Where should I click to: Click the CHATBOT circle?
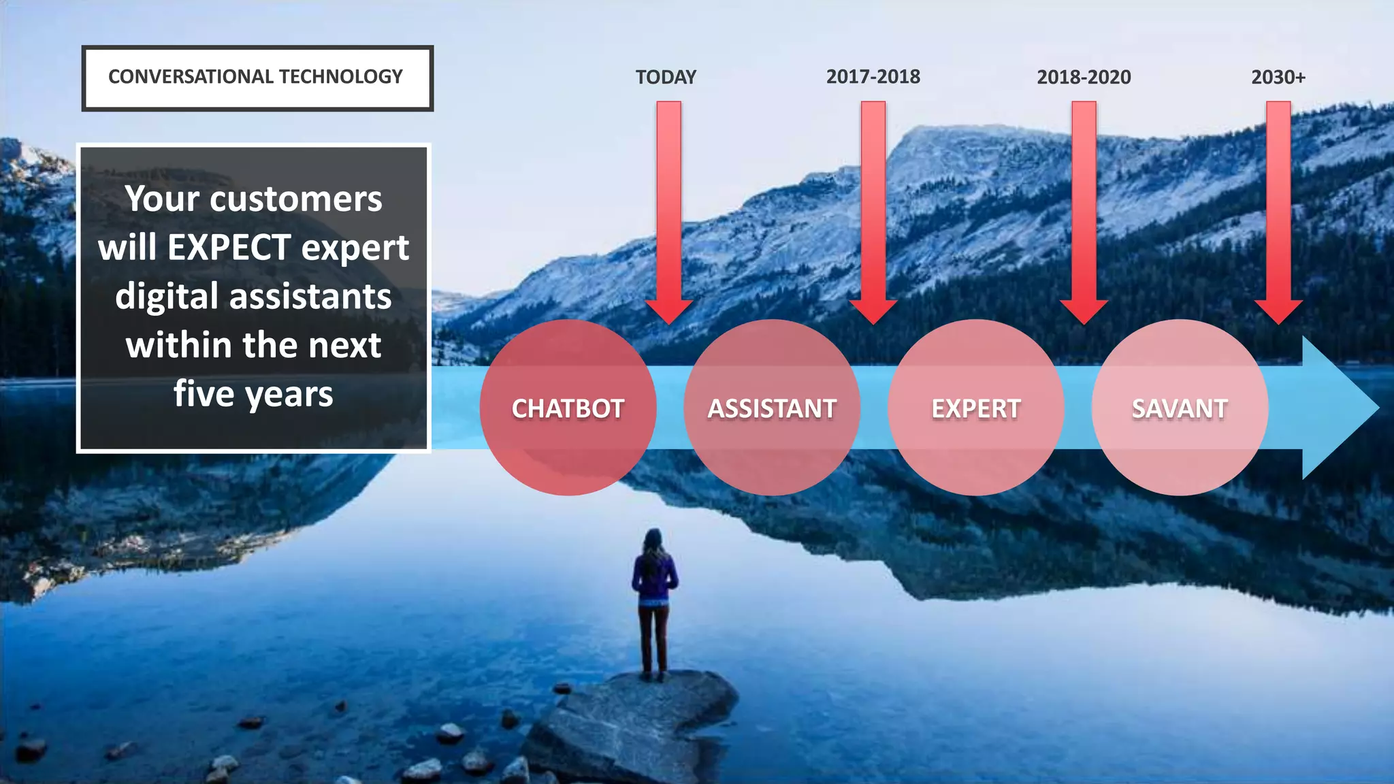tap(568, 408)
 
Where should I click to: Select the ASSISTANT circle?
tap(772, 408)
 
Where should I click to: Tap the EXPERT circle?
tap(976, 408)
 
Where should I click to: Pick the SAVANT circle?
tap(1180, 408)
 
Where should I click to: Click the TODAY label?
tap(666, 77)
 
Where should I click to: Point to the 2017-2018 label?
tap(873, 77)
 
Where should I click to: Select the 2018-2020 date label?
tap(1084, 77)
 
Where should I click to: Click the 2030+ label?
tap(1278, 77)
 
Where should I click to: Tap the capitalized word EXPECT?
tap(229, 247)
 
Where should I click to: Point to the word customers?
tap(296, 199)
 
